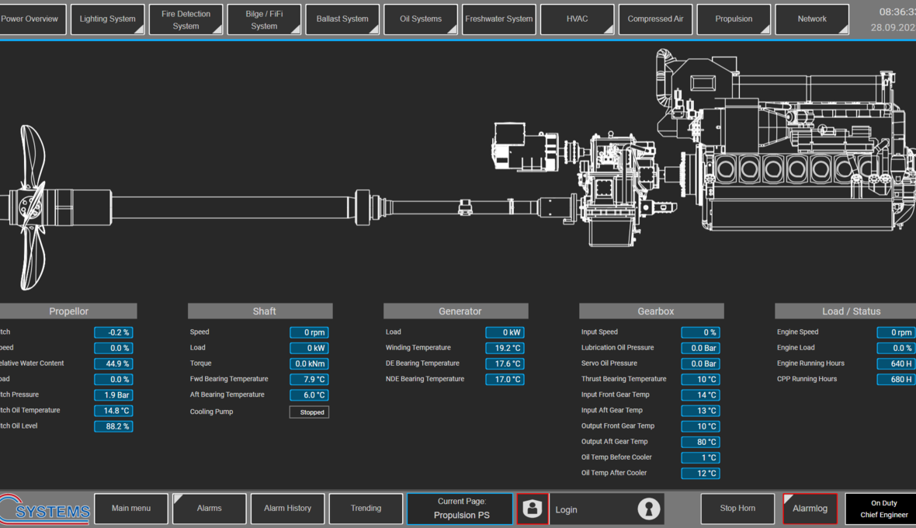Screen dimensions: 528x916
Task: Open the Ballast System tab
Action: tap(342, 19)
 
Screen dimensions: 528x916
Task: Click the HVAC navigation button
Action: tap(578, 19)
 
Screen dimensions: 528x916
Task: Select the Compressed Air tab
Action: tap(656, 19)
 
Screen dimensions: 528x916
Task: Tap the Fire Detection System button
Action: tap(186, 19)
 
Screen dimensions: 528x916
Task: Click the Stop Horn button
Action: tap(737, 509)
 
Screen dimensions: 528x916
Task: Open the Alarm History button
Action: tap(287, 509)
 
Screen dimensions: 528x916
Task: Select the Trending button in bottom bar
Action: tap(366, 509)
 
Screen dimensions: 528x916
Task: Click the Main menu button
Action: tap(131, 509)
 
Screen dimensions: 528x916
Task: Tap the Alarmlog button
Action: tap(810, 509)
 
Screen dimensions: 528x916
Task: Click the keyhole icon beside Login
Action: tap(649, 509)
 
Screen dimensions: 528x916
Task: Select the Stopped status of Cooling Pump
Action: tap(310, 412)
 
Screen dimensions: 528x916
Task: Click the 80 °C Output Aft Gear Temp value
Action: tap(700, 442)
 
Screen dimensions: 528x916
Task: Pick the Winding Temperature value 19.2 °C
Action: tap(505, 348)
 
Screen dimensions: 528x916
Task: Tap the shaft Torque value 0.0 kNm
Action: tap(309, 363)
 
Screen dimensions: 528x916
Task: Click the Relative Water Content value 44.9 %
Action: tap(113, 363)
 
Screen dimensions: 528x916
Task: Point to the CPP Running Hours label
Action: tap(807, 379)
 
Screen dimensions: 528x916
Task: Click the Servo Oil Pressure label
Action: tap(609, 363)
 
